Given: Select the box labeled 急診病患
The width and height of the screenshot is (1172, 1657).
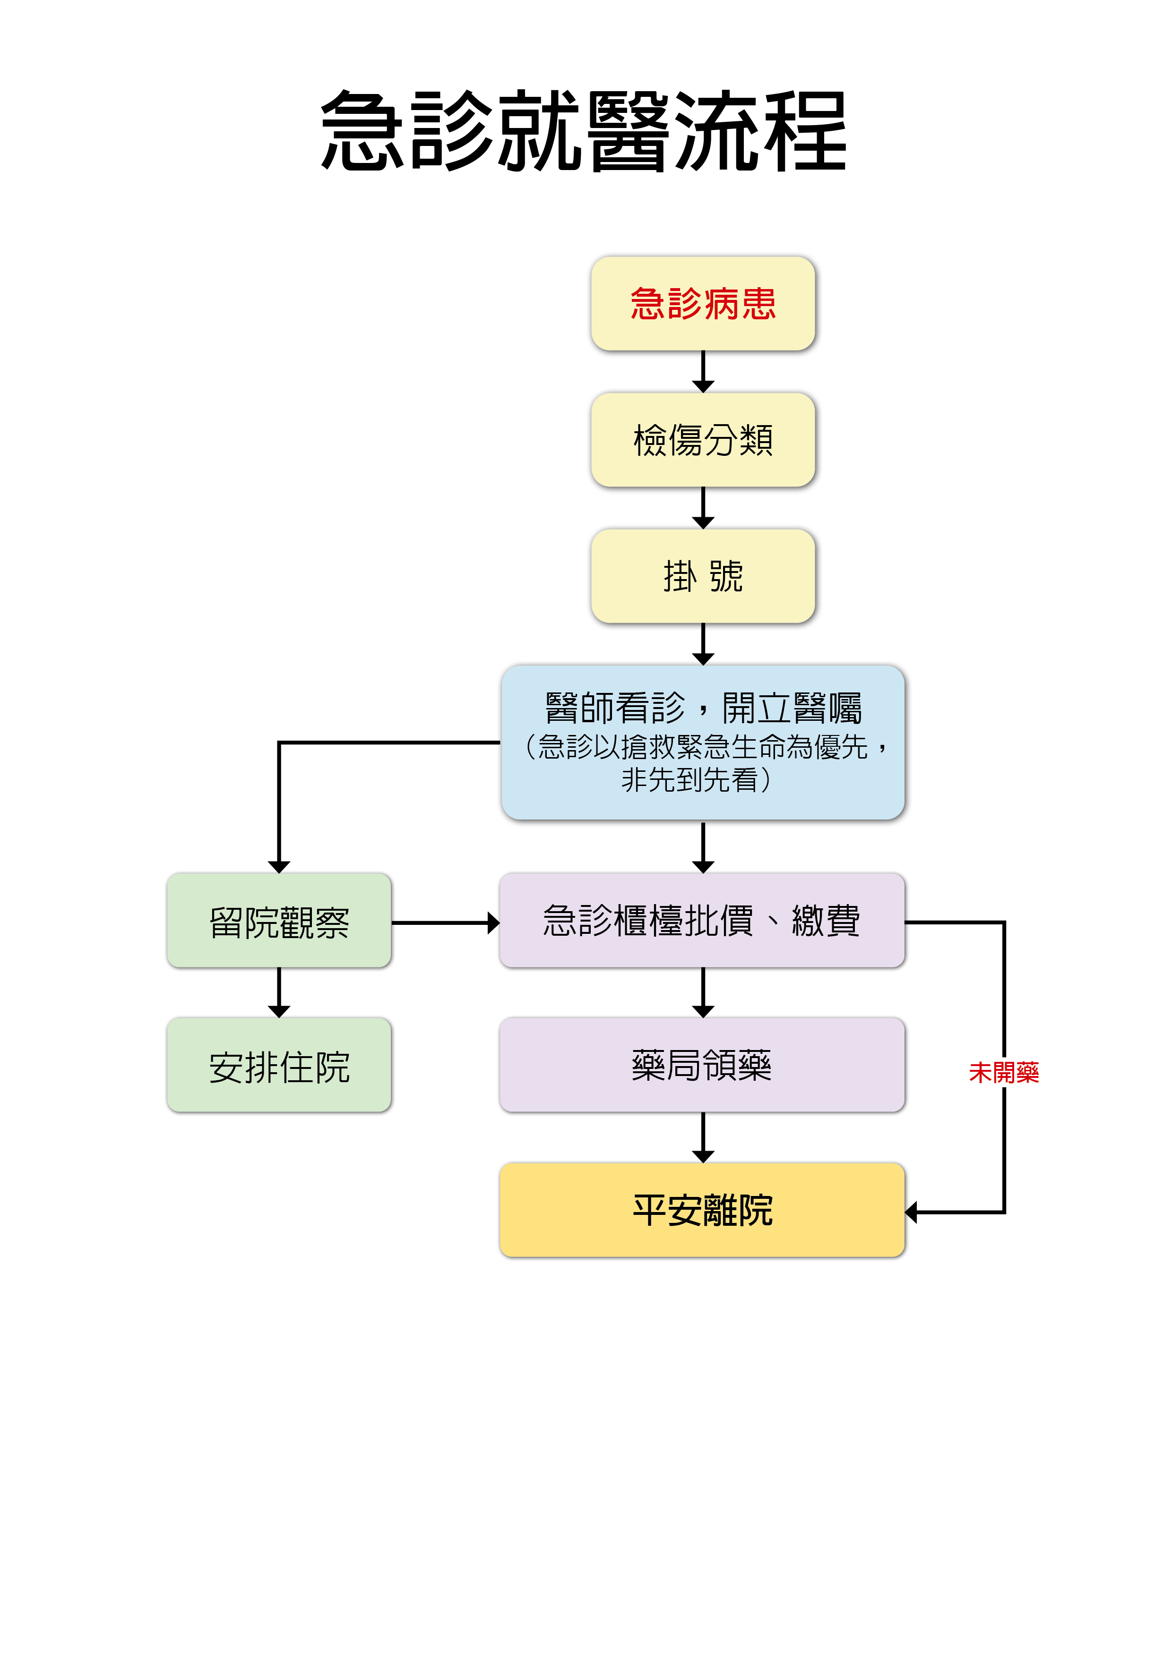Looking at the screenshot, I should click(703, 304).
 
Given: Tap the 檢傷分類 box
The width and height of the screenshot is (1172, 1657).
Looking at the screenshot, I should click(703, 439).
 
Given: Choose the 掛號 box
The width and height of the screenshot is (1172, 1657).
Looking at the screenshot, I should click(703, 576).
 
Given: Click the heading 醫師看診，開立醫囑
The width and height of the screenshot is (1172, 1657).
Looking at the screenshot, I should click(703, 708).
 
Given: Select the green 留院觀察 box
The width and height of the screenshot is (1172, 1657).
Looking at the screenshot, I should click(279, 921).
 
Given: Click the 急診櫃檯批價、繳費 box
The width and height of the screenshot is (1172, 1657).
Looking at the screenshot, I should click(701, 921).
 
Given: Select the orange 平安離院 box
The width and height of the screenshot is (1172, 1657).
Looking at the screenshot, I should click(701, 1210).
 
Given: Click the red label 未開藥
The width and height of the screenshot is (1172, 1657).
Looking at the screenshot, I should click(1004, 1072).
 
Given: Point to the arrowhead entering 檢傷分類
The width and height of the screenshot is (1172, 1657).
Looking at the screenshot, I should click(703, 387).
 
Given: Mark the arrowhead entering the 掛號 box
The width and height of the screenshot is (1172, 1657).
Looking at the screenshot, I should click(703, 522).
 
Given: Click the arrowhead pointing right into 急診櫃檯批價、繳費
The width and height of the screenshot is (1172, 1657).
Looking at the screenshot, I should click(493, 922).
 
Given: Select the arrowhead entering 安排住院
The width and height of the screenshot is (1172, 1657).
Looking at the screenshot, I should click(279, 1011).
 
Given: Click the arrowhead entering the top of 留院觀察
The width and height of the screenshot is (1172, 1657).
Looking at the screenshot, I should click(279, 867).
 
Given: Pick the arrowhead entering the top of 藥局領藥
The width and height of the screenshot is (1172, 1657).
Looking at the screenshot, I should click(703, 1011).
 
